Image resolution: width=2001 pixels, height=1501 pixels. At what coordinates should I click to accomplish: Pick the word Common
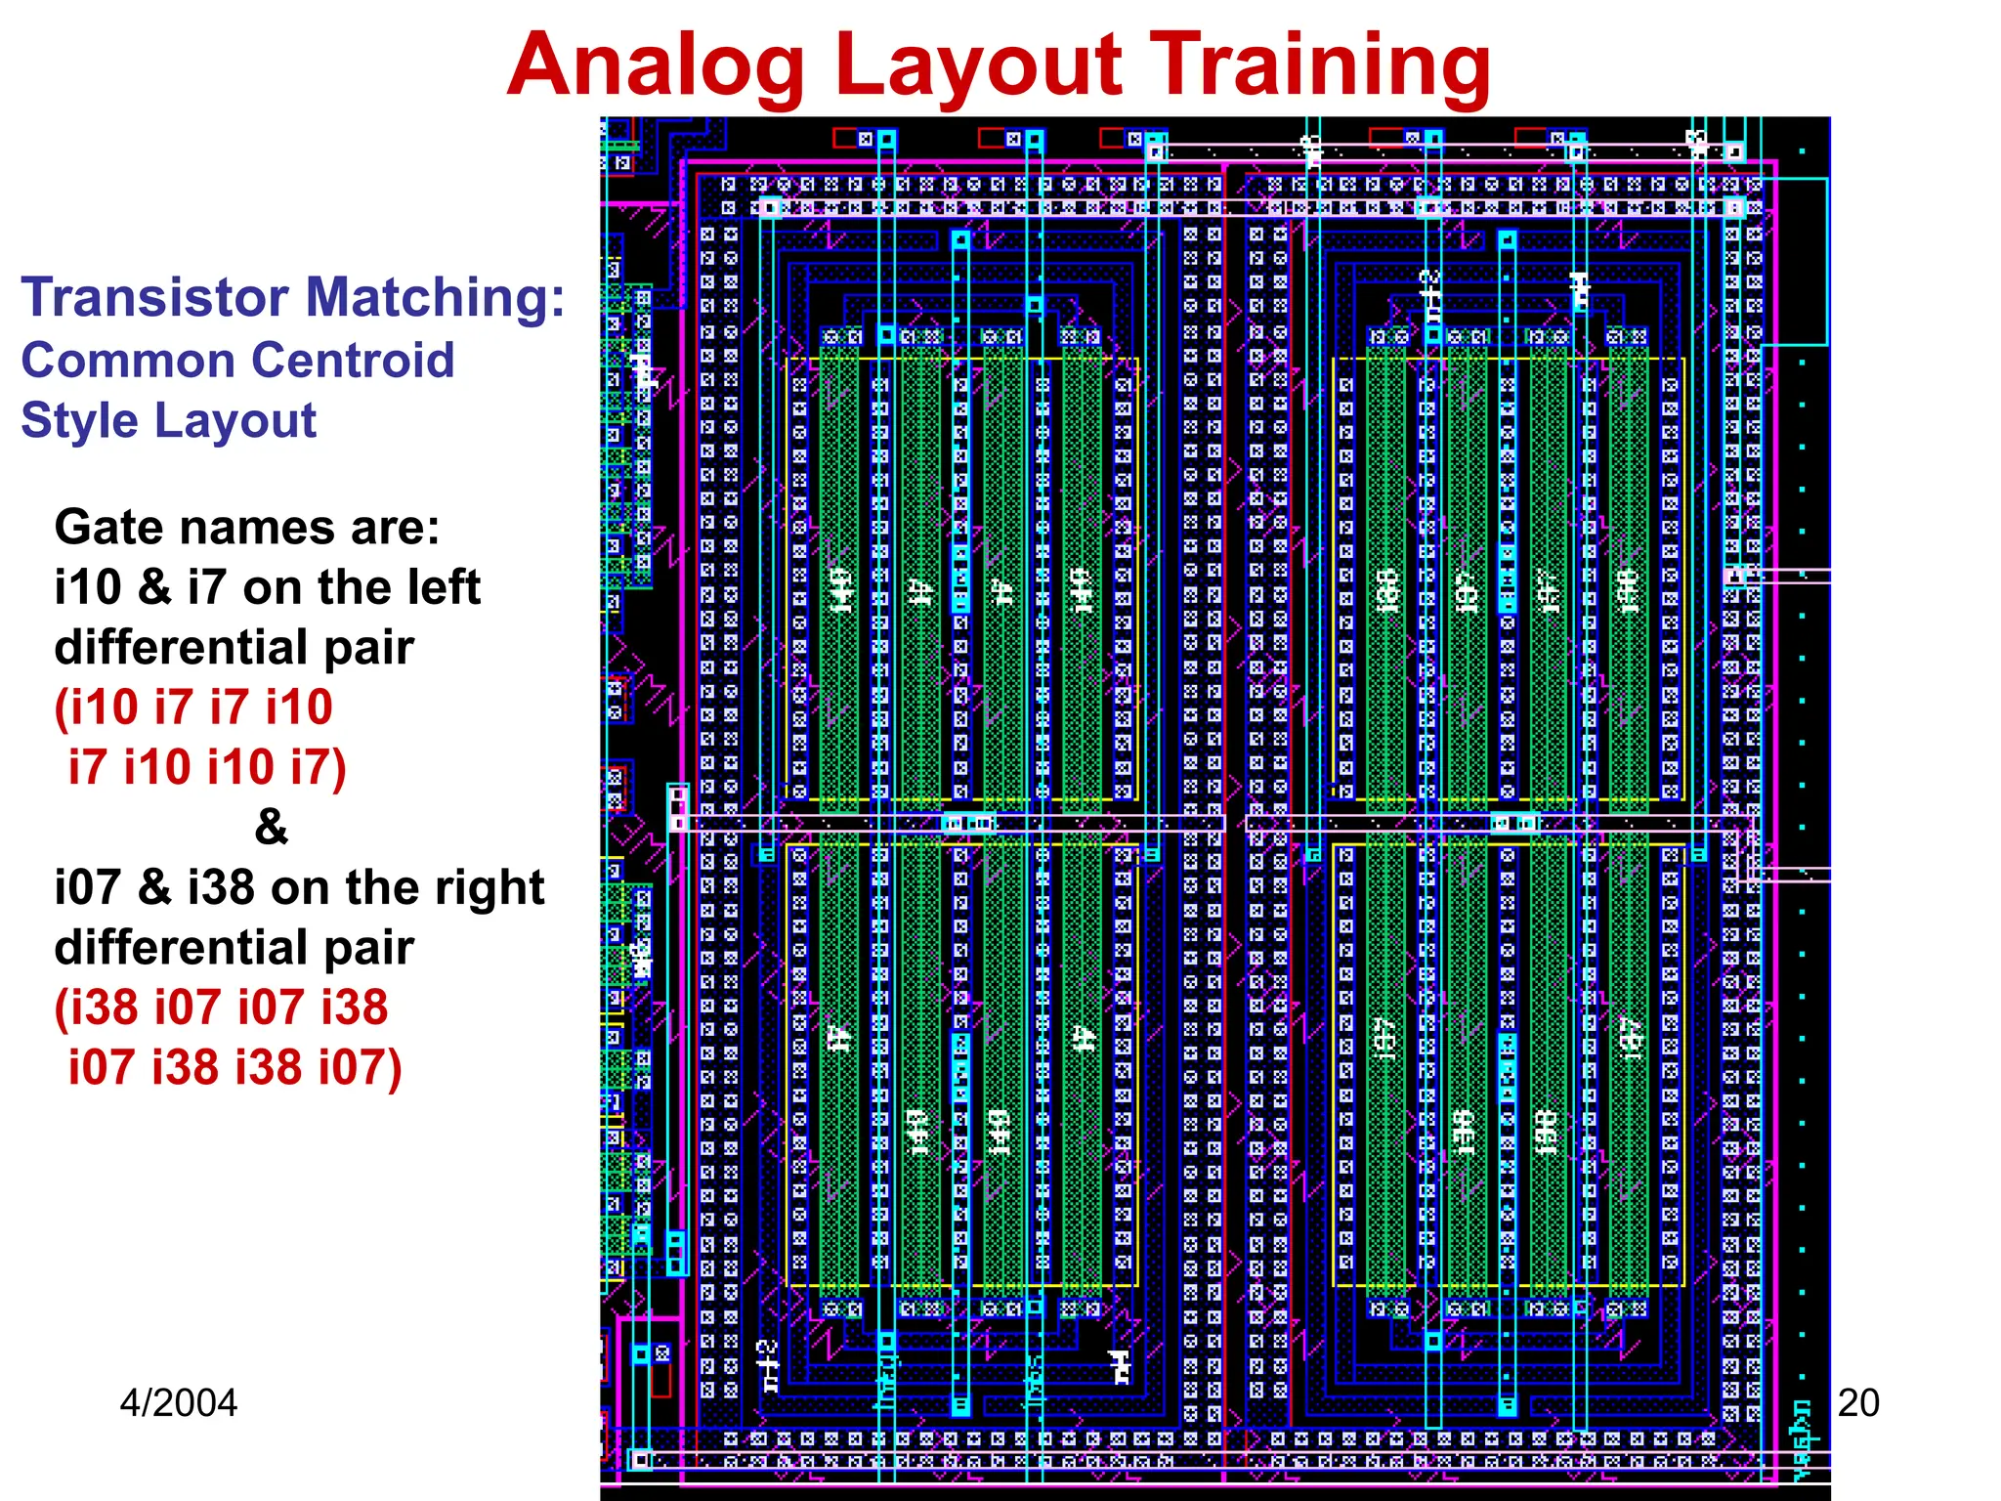pos(104,360)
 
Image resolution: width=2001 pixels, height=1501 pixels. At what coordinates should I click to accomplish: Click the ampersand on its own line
pos(271,827)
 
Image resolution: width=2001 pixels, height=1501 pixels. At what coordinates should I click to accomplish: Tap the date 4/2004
pos(178,1403)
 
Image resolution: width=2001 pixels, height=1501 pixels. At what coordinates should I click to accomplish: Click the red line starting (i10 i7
pos(193,707)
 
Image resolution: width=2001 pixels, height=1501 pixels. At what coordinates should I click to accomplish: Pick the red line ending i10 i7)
pos(207,767)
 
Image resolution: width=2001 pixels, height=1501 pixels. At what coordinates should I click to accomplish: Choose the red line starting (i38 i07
pos(221,1008)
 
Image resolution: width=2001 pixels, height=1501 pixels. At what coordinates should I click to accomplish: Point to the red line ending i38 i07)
pos(234,1067)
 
